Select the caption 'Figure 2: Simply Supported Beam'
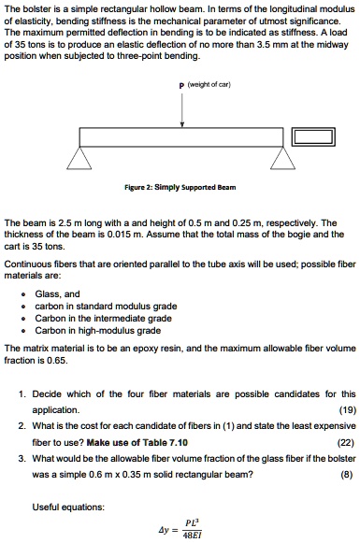click(x=183, y=187)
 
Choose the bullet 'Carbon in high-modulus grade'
click(x=97, y=330)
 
